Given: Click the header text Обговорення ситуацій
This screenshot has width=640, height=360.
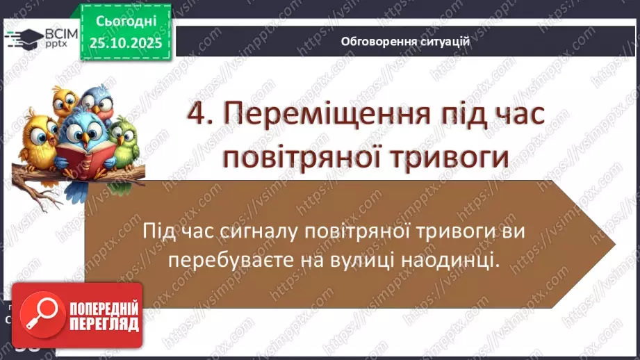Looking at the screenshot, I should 405,42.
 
